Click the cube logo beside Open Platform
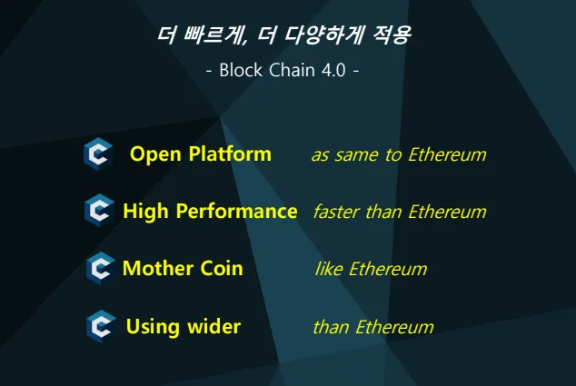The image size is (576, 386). coord(98,153)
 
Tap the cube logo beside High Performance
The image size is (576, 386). coord(99,211)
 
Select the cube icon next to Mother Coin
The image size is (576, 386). coord(100,268)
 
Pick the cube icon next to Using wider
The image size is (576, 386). coord(101,326)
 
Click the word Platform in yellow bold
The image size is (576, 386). coord(230,153)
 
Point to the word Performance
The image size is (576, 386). coord(236,212)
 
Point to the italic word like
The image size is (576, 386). coord(329,269)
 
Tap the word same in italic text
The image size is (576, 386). coord(356,154)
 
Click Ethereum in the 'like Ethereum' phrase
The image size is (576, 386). coord(388,269)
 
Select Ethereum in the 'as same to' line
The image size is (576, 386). coord(447,154)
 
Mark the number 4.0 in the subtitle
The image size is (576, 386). coord(333,70)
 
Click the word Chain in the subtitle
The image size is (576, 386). coord(292,70)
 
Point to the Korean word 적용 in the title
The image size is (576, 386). coord(392,35)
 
